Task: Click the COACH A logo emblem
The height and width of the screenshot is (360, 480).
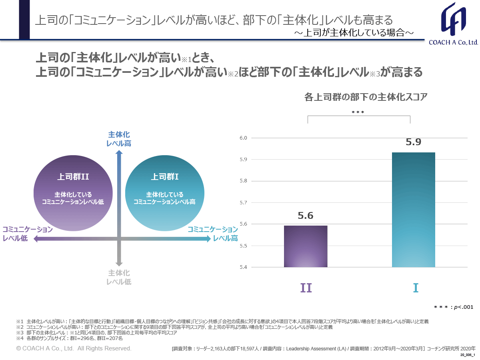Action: pyautogui.click(x=454, y=19)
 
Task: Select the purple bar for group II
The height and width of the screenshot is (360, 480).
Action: pyautogui.click(x=306, y=246)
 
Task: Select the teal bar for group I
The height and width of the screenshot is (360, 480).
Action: pyautogui.click(x=413, y=210)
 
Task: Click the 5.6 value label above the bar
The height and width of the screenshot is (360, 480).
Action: pyautogui.click(x=306, y=216)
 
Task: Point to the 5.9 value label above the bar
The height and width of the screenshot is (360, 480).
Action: pyautogui.click(x=413, y=142)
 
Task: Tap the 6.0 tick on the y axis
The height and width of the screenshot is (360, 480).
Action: pyautogui.click(x=244, y=138)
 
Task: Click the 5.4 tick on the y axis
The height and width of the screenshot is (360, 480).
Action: pyautogui.click(x=244, y=267)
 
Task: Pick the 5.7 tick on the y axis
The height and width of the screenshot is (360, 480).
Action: pyautogui.click(x=244, y=203)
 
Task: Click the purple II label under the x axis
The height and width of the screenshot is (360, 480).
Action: pyautogui.click(x=306, y=288)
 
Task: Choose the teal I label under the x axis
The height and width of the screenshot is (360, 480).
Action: pyautogui.click(x=416, y=288)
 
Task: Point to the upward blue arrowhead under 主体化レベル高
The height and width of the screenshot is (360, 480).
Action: pyautogui.click(x=119, y=152)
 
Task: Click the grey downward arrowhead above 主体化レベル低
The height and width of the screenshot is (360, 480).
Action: pyautogui.click(x=119, y=263)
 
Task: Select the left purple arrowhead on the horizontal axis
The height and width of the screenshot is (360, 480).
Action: pyautogui.click(x=36, y=239)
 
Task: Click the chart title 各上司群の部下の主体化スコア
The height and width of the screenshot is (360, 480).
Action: pyautogui.click(x=366, y=97)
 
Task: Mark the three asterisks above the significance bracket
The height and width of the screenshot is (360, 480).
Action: pyautogui.click(x=358, y=113)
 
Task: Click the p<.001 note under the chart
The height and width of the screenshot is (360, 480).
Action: pyautogui.click(x=454, y=307)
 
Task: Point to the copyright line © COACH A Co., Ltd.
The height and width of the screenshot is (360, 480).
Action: pyautogui.click(x=74, y=348)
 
